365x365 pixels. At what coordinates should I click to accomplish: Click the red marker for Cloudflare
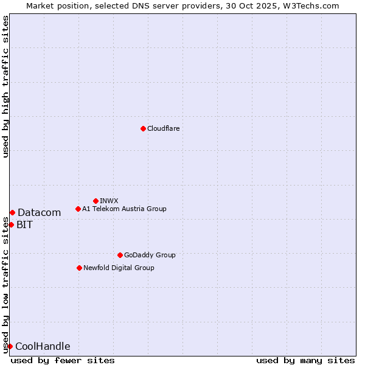[x=143, y=128]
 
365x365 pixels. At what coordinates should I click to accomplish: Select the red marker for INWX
[x=96, y=201]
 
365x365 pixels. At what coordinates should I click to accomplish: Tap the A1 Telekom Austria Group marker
[x=78, y=209]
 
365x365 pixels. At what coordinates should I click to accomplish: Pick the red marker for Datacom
[x=12, y=212]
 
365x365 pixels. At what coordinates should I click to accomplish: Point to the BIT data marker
[x=11, y=224]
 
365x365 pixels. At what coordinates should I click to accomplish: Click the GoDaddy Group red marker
[x=120, y=255]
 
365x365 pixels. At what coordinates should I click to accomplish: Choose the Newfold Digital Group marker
[x=79, y=268]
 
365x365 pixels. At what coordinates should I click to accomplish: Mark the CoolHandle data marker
[x=10, y=346]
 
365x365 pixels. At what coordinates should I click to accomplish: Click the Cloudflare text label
[x=163, y=128]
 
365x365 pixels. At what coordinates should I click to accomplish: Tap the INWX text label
[x=109, y=201]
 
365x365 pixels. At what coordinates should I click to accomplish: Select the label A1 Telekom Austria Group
[x=124, y=209]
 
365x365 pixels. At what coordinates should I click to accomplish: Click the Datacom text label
[x=39, y=212]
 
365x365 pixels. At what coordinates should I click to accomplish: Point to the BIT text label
[x=24, y=224]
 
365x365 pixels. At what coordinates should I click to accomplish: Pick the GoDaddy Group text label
[x=150, y=255]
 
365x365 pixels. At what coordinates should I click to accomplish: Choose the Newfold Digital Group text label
[x=119, y=268]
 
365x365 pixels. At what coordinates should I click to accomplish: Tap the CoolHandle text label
[x=43, y=347]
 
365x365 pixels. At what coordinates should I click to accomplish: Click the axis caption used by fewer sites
[x=63, y=360]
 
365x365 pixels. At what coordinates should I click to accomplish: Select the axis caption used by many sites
[x=305, y=360]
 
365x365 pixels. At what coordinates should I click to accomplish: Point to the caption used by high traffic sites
[x=5, y=86]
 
